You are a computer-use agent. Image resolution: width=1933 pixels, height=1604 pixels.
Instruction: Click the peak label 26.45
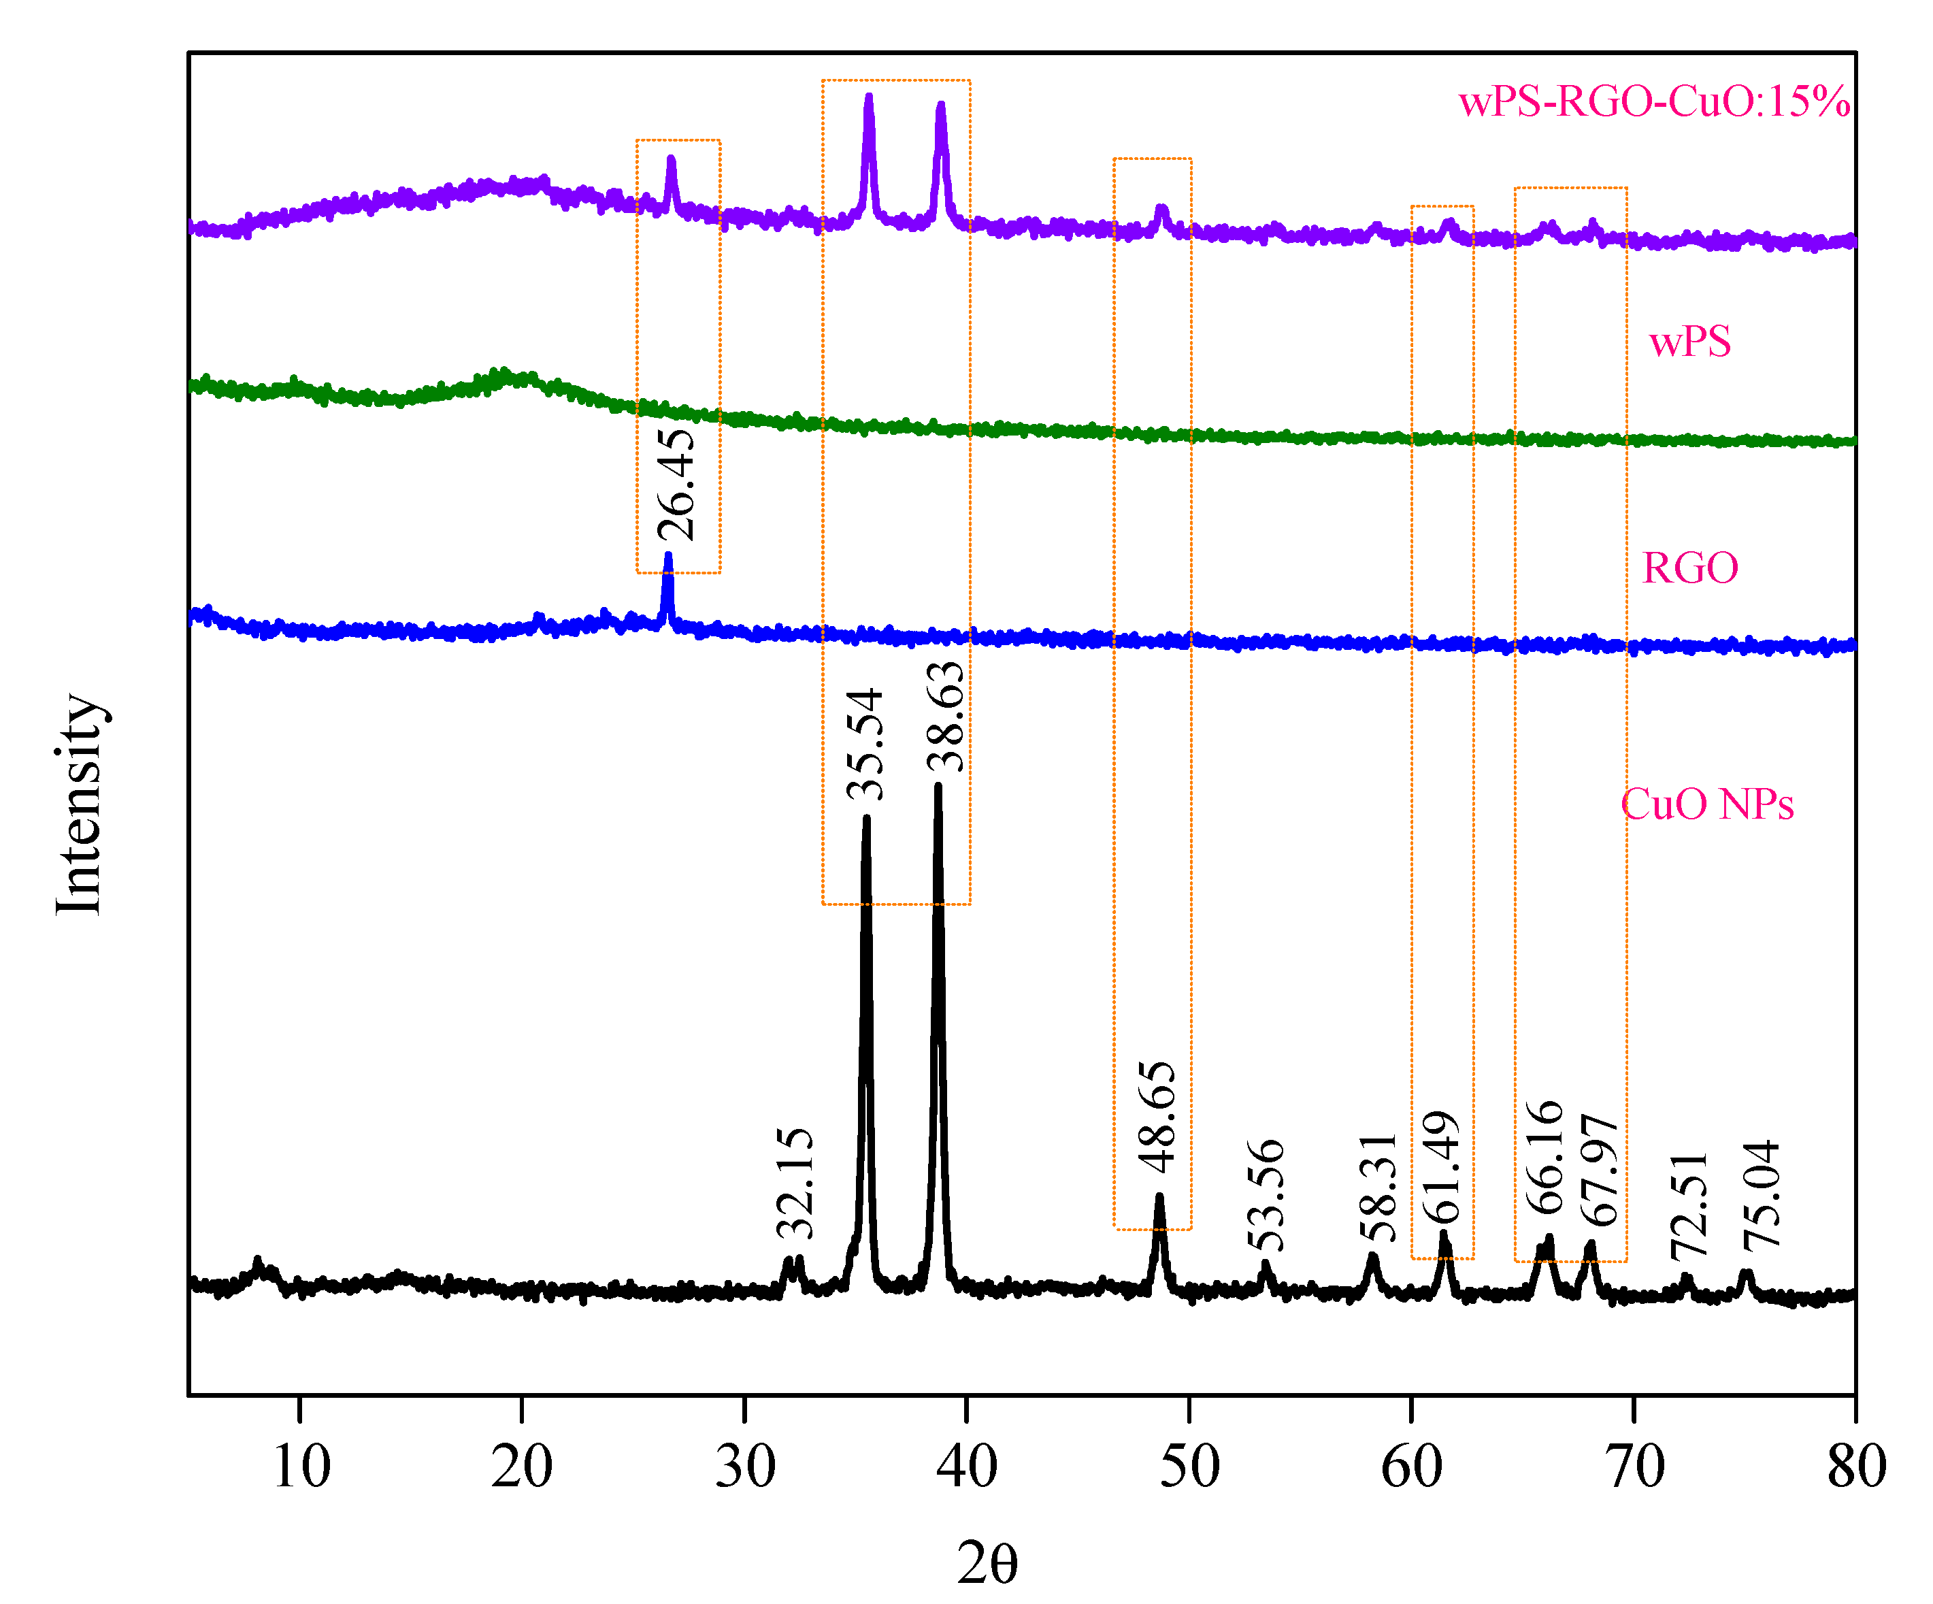676,485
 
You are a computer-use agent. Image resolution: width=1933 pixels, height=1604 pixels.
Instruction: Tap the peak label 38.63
945,717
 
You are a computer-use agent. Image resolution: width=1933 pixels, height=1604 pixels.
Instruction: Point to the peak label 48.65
1156,1116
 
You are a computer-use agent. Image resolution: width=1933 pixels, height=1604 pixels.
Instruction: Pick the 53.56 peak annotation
1265,1194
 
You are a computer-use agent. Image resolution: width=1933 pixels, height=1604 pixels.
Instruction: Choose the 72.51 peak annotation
1689,1205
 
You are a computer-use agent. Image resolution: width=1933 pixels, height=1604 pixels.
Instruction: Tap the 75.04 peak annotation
1761,1194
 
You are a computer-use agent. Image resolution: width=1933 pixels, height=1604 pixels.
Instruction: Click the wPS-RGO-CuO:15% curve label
1654,101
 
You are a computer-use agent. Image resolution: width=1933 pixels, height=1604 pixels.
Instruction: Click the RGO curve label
1690,568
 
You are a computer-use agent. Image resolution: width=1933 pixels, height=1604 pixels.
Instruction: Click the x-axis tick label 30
744,1466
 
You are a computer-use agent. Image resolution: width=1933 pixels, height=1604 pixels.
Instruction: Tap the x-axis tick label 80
1855,1466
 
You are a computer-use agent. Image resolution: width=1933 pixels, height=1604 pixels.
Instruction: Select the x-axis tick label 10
301,1466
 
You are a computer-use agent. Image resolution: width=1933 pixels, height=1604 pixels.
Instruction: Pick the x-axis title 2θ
987,1562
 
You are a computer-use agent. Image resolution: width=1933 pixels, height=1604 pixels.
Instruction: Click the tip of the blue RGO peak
668,555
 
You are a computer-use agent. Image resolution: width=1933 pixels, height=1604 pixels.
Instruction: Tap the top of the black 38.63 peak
938,786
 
